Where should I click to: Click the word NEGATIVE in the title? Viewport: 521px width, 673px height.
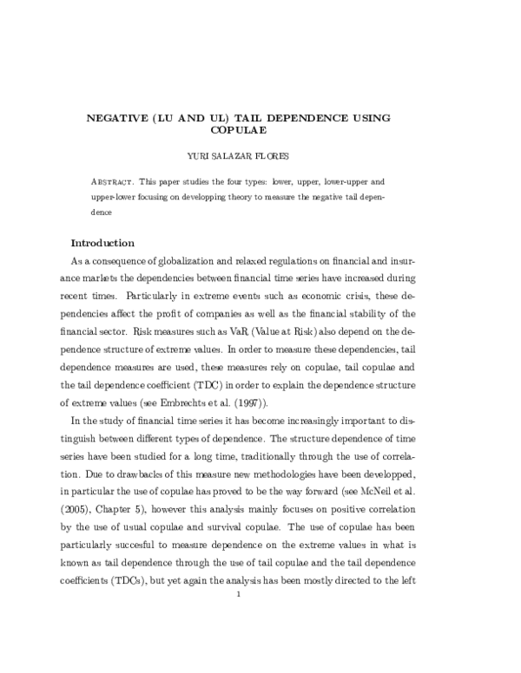(123, 117)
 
